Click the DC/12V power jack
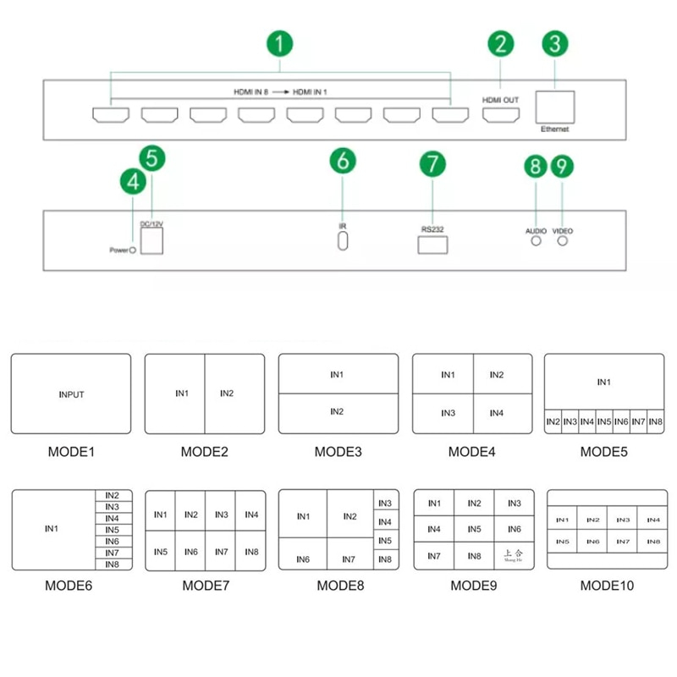point(151,241)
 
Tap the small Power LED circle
point(133,250)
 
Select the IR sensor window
point(343,241)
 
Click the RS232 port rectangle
point(432,245)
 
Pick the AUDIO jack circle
point(535,241)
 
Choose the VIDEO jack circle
point(563,241)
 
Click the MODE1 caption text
point(70,452)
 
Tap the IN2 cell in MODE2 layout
point(226,393)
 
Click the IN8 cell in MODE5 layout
point(654,421)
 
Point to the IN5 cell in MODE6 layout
point(112,530)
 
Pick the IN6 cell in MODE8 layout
point(303,559)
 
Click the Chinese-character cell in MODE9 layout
point(515,557)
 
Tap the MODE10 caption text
point(606,585)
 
